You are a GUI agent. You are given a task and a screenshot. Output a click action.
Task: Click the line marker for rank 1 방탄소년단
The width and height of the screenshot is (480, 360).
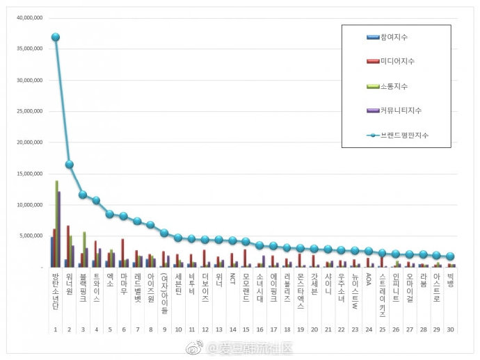click(56, 38)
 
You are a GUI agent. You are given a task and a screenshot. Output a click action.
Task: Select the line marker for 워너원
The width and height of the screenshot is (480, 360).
click(69, 165)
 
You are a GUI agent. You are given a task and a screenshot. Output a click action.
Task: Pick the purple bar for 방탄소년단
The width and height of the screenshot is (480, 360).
click(60, 229)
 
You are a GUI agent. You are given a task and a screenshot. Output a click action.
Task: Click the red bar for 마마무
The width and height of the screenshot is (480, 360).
click(123, 253)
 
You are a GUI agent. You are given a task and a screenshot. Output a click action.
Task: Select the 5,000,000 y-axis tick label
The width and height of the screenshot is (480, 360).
click(31, 236)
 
